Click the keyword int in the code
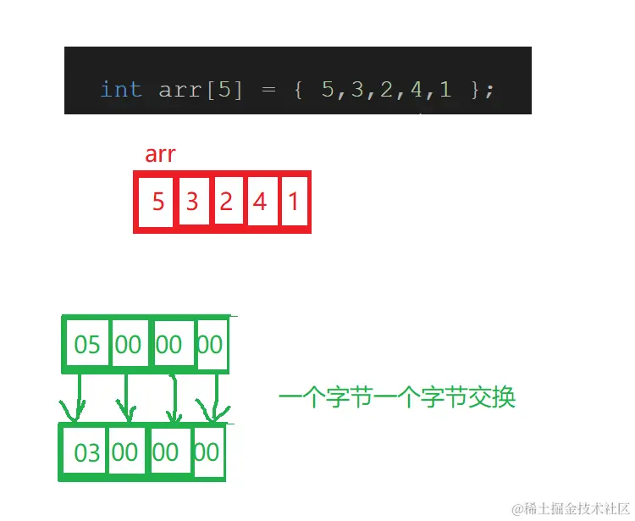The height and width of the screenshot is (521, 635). click(x=121, y=89)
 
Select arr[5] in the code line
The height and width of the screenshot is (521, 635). click(x=201, y=90)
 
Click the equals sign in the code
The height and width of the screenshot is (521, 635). click(x=269, y=90)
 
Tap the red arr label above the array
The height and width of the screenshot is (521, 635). click(x=160, y=154)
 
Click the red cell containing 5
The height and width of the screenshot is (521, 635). click(x=157, y=202)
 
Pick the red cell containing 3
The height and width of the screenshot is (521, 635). click(x=192, y=202)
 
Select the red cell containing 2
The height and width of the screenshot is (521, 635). click(x=226, y=202)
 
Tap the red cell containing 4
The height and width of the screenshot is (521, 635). click(x=260, y=202)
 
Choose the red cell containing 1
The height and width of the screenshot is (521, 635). click(x=293, y=202)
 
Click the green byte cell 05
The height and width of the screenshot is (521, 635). click(x=87, y=344)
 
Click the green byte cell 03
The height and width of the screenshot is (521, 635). click(x=86, y=452)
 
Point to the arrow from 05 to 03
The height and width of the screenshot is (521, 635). click(x=78, y=396)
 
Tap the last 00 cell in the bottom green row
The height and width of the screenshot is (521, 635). click(x=207, y=452)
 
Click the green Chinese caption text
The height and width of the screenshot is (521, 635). click(x=396, y=396)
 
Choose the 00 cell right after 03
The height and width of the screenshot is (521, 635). click(x=125, y=452)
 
